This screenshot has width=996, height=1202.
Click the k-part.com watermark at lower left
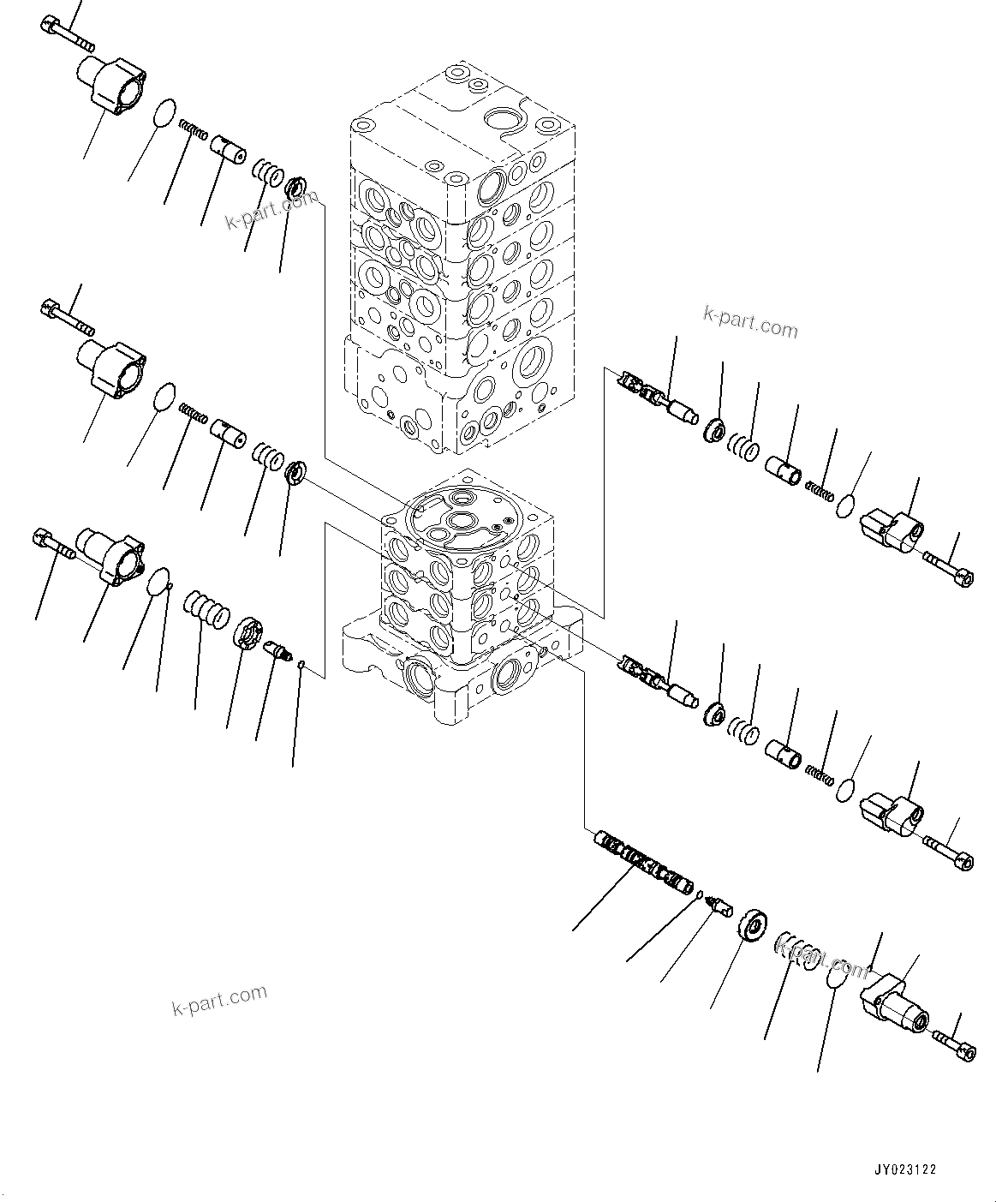pyautogui.click(x=219, y=999)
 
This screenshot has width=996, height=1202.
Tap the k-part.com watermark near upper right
pyautogui.click(x=749, y=325)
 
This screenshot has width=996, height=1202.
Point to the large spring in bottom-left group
pyautogui.click(x=207, y=607)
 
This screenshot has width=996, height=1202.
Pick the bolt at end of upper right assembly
pyautogui.click(x=948, y=569)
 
